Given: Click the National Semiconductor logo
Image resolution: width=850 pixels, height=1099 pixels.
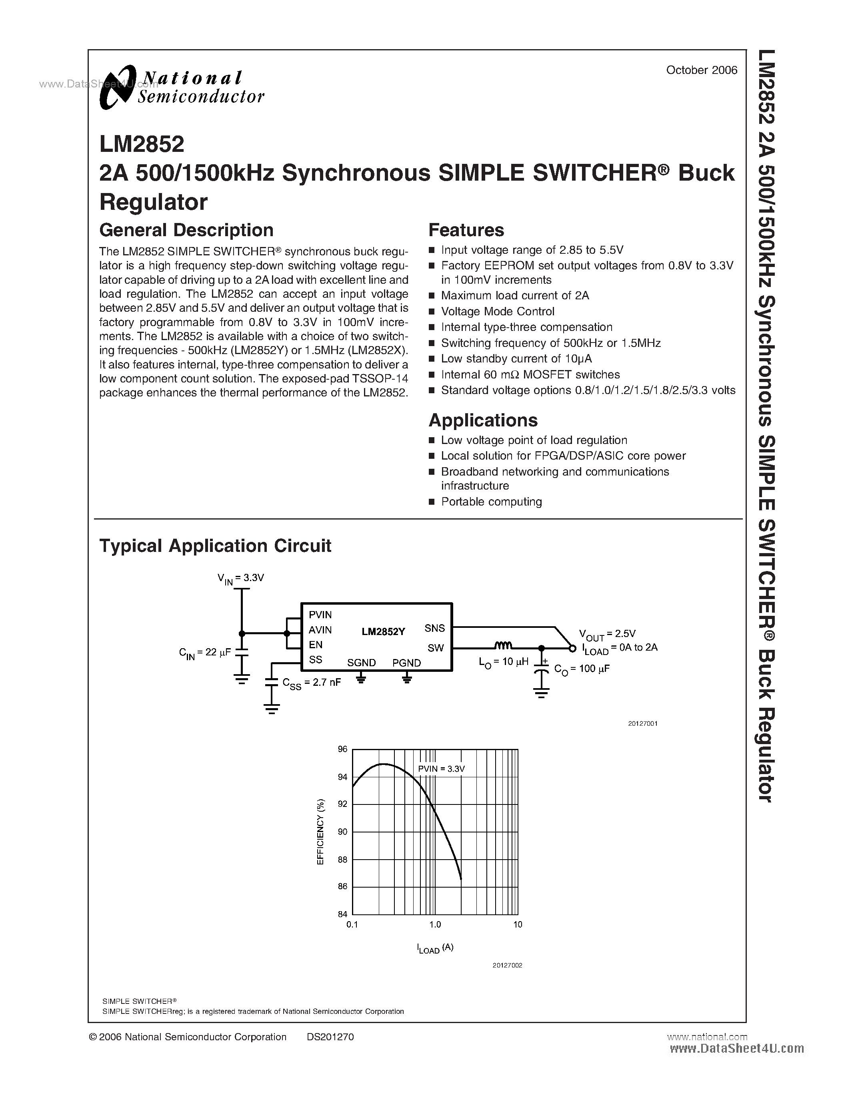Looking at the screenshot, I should coord(181,88).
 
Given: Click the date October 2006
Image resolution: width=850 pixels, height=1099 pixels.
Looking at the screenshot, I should coord(702,70).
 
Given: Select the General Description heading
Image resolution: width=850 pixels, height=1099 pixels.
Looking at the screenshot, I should coord(186,230).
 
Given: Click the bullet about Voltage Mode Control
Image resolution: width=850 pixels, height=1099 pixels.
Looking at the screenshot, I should coord(498,311).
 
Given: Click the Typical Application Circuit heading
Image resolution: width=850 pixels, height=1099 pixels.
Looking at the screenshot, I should coord(215,546).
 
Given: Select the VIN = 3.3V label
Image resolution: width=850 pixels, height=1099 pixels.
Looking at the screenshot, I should coord(241,579).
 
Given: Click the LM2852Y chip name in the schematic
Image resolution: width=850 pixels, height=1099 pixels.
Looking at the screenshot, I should coord(383,631).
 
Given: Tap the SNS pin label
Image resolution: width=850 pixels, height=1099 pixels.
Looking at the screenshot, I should coord(434,628).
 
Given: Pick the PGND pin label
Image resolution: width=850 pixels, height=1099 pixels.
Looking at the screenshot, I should coord(406,663).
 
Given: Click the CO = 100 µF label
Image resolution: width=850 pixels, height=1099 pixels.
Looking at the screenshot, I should coord(582,669).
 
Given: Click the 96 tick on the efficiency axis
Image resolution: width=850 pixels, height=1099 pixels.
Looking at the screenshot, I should coord(342,749).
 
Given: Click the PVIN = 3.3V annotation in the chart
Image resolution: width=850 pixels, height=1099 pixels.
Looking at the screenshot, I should coord(441,769).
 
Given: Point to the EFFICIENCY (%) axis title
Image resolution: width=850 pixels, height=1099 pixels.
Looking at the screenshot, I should coord(321,832).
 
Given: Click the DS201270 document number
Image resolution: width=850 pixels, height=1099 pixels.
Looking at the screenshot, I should coord(330,1037).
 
